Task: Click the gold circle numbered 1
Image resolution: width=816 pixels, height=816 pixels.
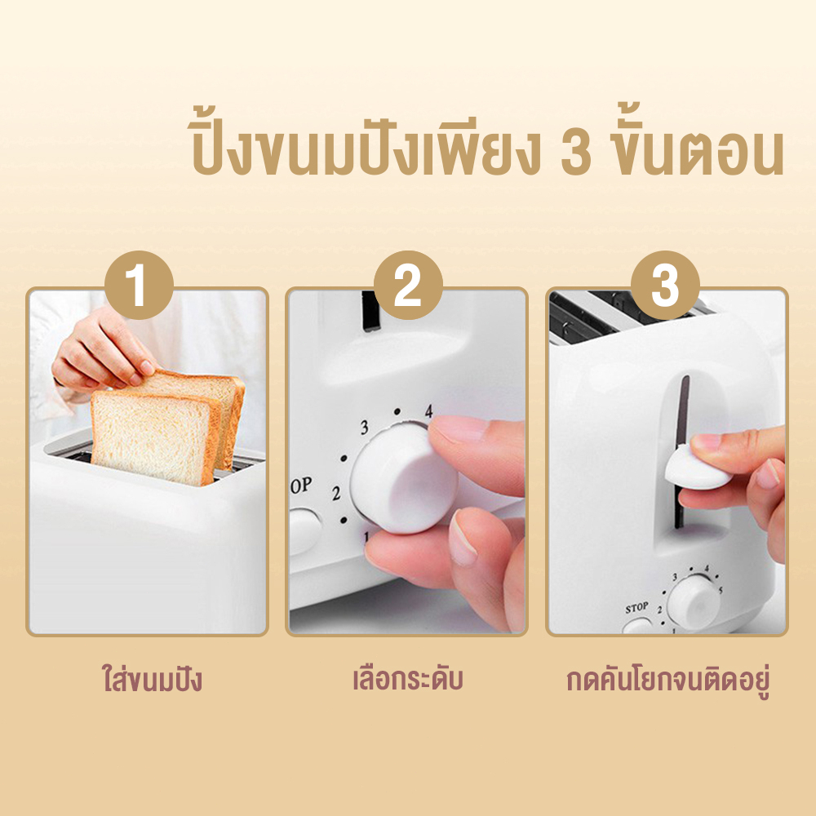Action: coord(139,285)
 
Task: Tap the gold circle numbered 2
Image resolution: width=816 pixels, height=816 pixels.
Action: coord(408,285)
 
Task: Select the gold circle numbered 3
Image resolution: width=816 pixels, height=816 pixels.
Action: coord(665,285)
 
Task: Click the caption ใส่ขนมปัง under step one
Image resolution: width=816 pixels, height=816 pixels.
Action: coord(152,679)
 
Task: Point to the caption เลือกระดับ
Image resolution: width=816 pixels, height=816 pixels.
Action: coord(407,678)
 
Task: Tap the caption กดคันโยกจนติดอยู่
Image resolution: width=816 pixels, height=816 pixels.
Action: coord(667,680)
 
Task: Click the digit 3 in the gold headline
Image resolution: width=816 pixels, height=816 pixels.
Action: coord(576,153)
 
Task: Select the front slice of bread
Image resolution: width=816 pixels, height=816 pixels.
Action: coord(153,438)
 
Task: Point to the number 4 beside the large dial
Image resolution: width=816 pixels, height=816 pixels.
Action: coord(428,411)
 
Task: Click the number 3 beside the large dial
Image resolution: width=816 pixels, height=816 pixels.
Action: coord(364,428)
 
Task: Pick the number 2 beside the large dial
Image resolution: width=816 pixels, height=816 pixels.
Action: coord(336,492)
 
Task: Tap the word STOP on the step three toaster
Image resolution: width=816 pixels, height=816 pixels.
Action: coord(636,607)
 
